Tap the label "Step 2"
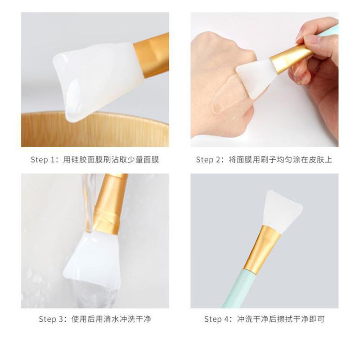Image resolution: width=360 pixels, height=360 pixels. click(x=210, y=160)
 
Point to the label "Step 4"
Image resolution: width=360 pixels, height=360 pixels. click(x=218, y=319)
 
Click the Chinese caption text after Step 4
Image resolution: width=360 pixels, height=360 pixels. click(x=281, y=319)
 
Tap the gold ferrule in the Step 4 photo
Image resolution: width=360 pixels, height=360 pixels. click(x=259, y=247)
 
